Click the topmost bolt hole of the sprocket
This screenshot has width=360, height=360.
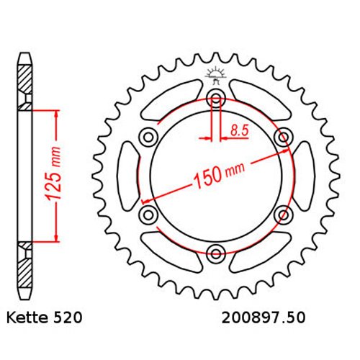216,99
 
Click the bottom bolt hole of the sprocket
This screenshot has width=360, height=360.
216,253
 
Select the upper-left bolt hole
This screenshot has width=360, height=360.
148,138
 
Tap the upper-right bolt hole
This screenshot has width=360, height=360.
284,138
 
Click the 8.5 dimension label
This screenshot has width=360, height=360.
239,131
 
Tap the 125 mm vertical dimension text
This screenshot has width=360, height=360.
53,174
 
